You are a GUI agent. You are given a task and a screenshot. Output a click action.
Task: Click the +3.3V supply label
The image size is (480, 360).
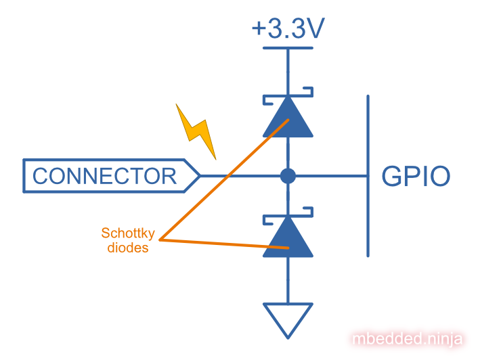(x=288, y=28)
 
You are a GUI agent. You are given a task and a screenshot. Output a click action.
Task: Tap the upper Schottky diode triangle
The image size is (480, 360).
(x=288, y=120)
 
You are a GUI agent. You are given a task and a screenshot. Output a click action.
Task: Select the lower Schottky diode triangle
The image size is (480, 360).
(x=288, y=239)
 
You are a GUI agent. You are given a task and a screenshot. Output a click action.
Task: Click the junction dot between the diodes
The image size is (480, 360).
(x=288, y=177)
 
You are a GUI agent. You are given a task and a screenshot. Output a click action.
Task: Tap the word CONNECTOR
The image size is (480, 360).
(x=104, y=176)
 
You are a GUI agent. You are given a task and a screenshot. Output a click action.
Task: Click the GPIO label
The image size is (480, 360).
(x=416, y=177)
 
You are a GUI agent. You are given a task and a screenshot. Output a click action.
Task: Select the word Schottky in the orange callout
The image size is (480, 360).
(x=128, y=233)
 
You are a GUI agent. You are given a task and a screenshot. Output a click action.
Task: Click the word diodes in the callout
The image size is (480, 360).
(x=128, y=248)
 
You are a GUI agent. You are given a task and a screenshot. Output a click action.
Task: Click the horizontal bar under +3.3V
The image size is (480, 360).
(x=288, y=47)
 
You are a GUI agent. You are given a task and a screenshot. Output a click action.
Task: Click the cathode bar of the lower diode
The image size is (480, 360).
(x=288, y=218)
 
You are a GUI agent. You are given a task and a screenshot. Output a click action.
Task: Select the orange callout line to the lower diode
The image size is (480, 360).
(x=223, y=244)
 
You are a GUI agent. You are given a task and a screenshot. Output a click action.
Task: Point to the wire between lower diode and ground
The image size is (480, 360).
(x=288, y=280)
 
